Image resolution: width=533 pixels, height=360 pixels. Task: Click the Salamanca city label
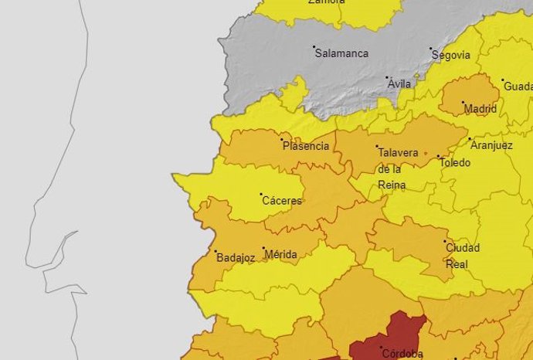pyautogui.click(x=343, y=54)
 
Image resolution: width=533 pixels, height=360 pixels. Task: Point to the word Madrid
pyautogui.click(x=480, y=110)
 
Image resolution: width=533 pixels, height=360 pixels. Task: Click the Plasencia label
pyautogui.click(x=306, y=146)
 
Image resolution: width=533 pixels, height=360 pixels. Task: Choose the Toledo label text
pyautogui.click(x=454, y=163)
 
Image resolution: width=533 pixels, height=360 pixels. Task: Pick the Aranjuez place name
pyautogui.click(x=491, y=145)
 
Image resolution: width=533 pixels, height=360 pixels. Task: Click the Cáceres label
pyautogui.click(x=282, y=201)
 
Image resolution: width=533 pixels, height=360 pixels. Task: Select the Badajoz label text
pyautogui.click(x=236, y=258)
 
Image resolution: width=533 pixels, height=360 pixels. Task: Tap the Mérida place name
pyautogui.click(x=280, y=254)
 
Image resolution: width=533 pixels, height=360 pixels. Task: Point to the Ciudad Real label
pyautogui.click(x=462, y=256)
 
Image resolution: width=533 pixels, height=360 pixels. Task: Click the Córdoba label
pyautogui.click(x=402, y=354)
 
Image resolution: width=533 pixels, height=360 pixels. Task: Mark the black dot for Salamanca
pyautogui.click(x=314, y=47)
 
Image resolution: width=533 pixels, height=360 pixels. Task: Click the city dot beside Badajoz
pyautogui.click(x=216, y=251)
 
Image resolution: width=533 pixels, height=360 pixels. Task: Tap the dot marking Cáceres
pyautogui.click(x=261, y=195)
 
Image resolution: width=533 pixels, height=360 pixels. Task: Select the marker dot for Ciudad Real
pyautogui.click(x=445, y=243)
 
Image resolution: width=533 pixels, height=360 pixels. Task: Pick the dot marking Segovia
pyautogui.click(x=431, y=49)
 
